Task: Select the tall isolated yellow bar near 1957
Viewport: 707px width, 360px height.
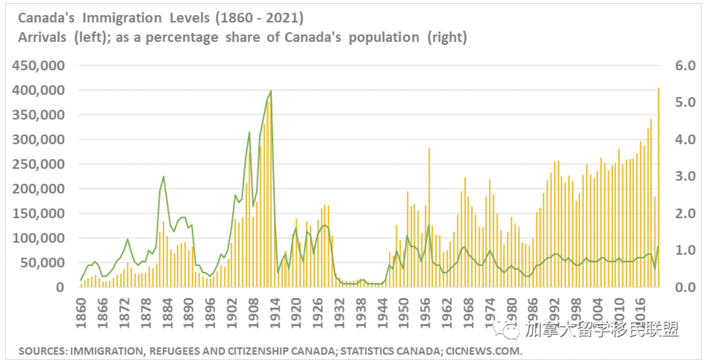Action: point(429,216)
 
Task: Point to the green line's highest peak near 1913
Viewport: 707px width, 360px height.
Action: point(271,91)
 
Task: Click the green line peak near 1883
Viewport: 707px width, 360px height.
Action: point(163,177)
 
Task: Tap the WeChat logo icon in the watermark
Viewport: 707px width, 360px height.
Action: point(511,330)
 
